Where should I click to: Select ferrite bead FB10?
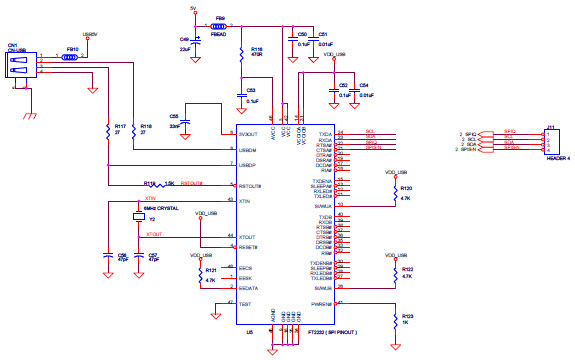(71, 57)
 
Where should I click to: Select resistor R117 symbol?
(107, 130)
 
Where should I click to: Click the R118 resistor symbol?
(132, 130)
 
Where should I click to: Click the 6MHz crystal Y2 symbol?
(138, 217)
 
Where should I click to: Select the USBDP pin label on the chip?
(247, 164)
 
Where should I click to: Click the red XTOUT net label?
(153, 233)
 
